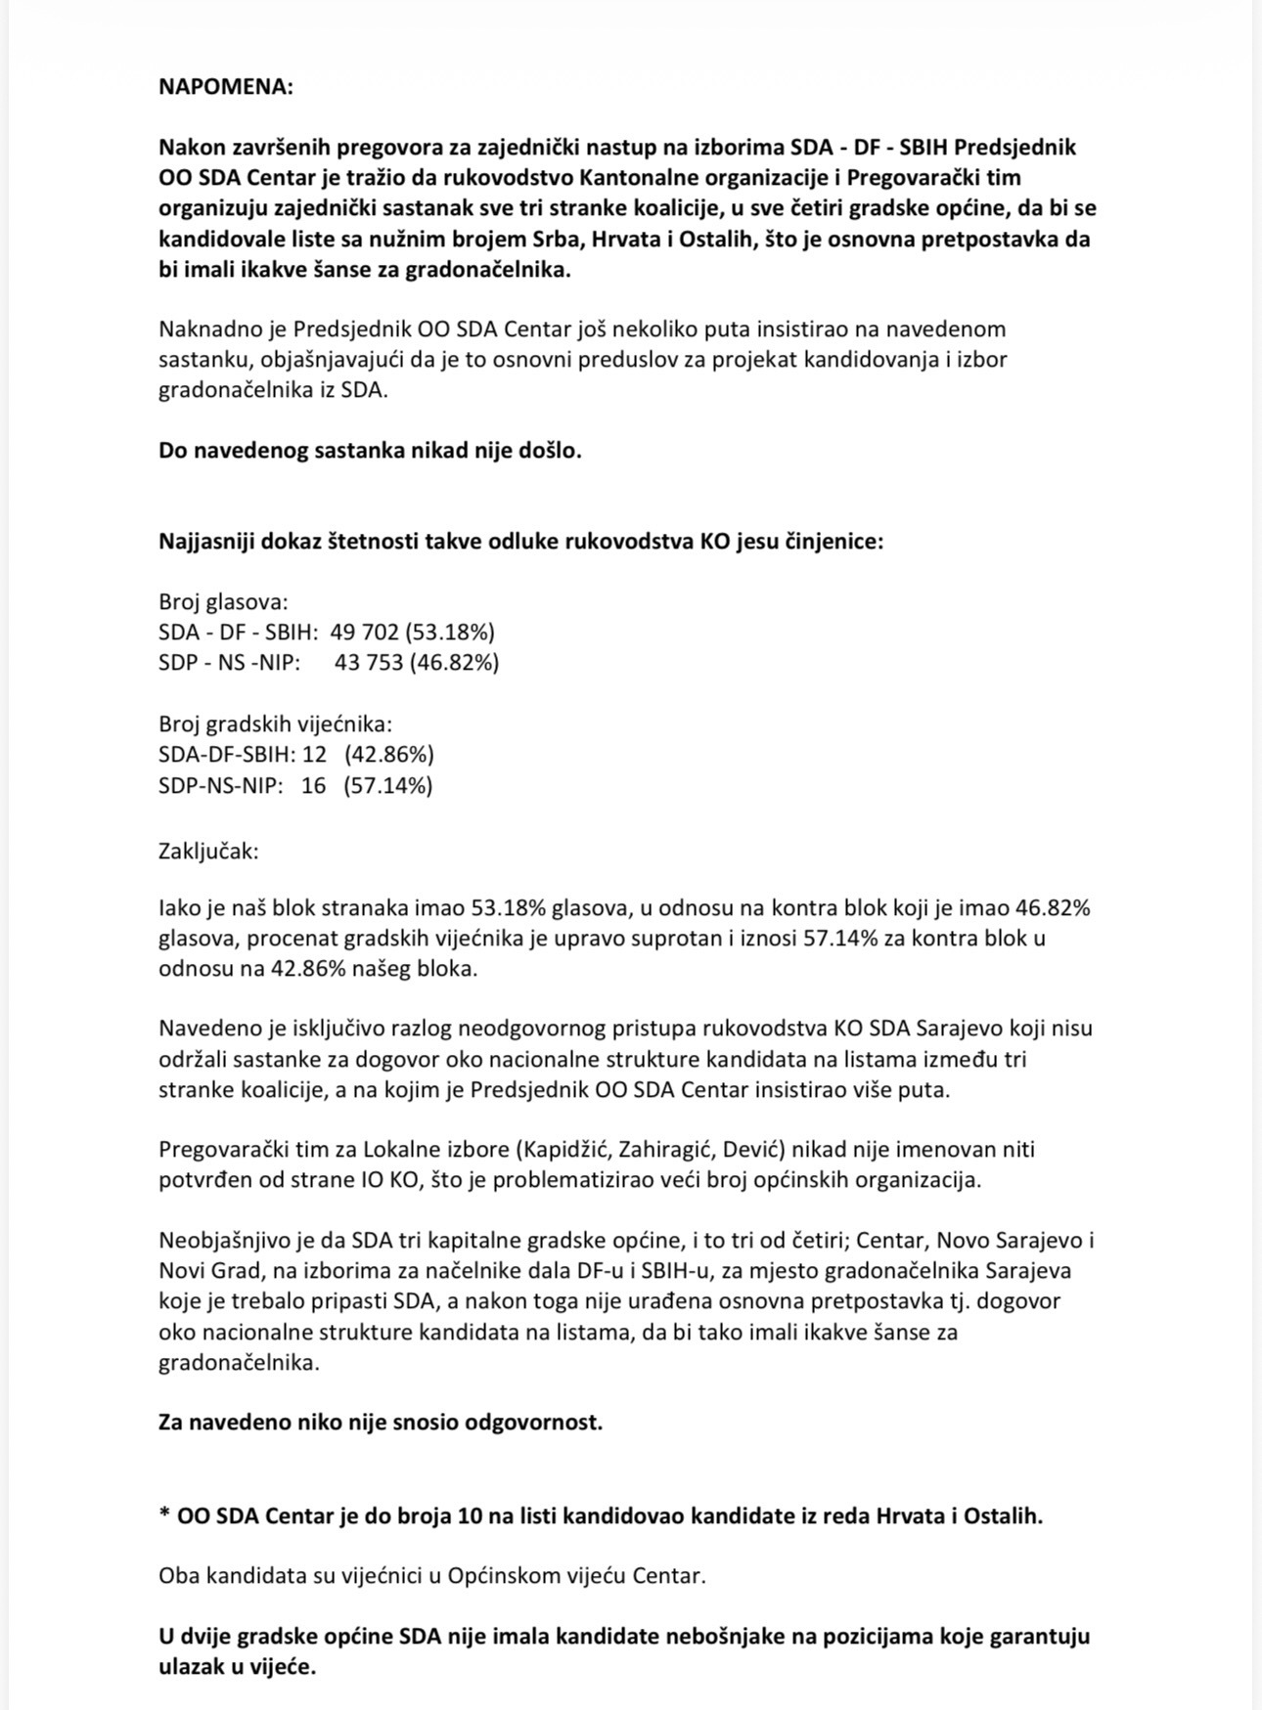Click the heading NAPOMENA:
click(225, 86)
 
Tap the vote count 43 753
click(369, 662)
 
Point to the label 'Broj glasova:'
click(223, 601)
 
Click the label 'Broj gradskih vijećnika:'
click(275, 723)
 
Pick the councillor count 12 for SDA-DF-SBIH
click(314, 755)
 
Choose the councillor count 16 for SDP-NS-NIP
click(313, 785)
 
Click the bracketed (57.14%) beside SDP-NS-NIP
click(387, 785)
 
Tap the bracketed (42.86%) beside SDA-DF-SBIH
click(388, 755)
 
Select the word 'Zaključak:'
click(208, 851)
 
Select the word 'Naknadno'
click(203, 329)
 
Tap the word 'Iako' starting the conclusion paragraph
click(179, 907)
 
